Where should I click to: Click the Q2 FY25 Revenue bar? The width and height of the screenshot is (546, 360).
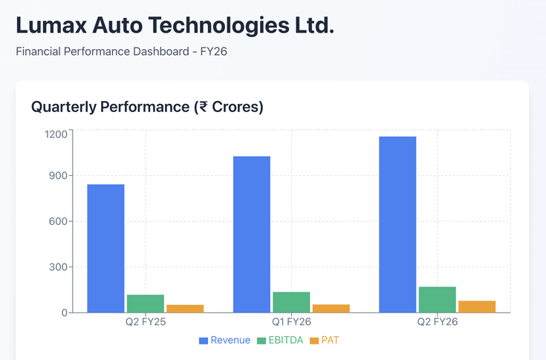(x=105, y=248)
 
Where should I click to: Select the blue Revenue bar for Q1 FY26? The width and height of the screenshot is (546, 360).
(x=252, y=234)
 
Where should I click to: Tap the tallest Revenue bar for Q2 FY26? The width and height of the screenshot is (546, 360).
(x=397, y=224)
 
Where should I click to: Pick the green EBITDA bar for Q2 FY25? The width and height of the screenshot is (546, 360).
(x=146, y=304)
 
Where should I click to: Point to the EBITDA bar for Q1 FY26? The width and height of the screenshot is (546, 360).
(x=291, y=302)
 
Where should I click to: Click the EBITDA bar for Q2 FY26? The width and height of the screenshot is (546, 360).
(x=437, y=299)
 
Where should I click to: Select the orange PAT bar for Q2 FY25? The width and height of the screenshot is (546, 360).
(x=185, y=308)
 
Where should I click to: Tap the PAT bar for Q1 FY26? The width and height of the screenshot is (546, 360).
(x=331, y=308)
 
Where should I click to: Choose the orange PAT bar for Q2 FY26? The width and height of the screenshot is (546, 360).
(x=477, y=307)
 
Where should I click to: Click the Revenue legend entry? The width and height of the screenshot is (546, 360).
(x=225, y=341)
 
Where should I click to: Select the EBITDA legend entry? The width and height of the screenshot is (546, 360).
(x=279, y=341)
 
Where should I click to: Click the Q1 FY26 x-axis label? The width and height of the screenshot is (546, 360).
(x=291, y=323)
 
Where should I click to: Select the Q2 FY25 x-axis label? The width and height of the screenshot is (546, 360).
(x=146, y=323)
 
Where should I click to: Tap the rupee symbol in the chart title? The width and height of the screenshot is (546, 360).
(x=200, y=107)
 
